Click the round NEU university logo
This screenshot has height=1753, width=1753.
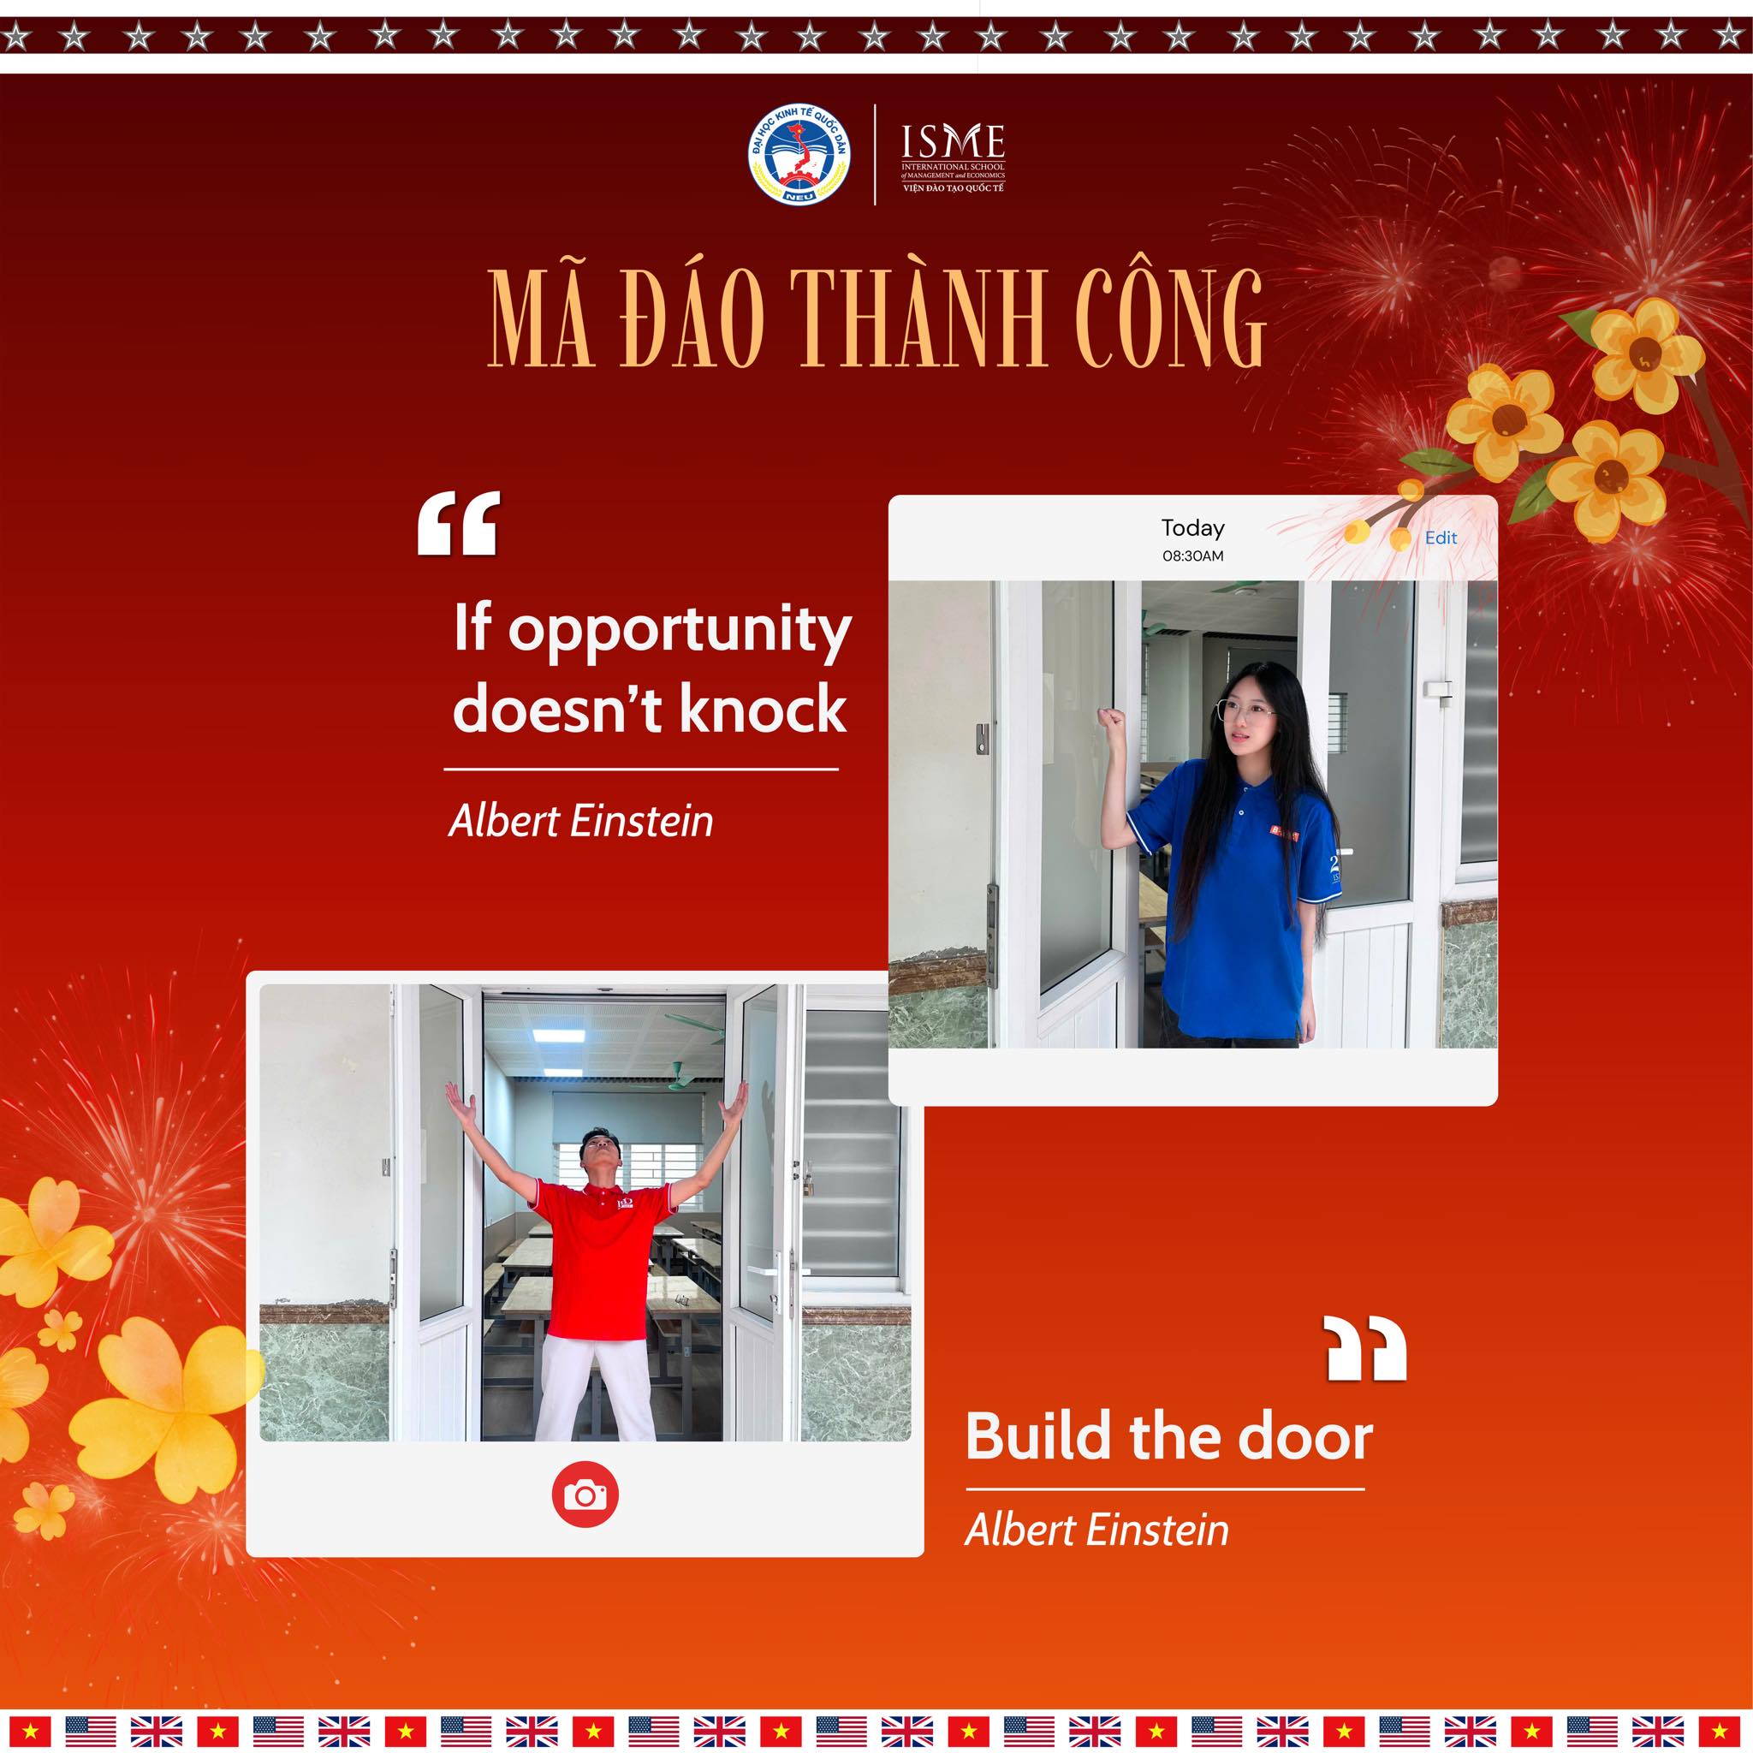coord(799,153)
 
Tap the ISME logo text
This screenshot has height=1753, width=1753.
coord(953,141)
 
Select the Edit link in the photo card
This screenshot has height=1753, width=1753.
coord(1441,538)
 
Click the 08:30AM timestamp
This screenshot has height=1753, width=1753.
coord(1192,556)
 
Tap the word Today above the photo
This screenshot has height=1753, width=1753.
coord(1192,528)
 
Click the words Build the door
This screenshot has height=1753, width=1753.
coord(1168,1437)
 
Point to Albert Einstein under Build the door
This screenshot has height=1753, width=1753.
coord(1097,1530)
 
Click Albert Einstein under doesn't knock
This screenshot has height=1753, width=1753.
coord(581,821)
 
